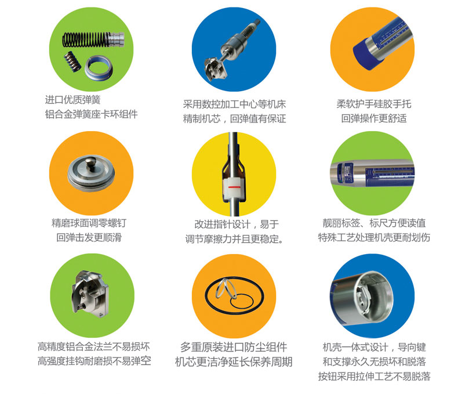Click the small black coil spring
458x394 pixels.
coord(72,62)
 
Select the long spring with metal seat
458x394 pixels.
coord(93,39)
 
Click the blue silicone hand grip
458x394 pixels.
coord(367,56)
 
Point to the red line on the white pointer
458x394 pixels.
coord(234,187)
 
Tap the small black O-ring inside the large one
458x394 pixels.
coord(242,301)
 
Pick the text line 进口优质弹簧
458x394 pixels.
coord(72,100)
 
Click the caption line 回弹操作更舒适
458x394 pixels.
coord(374,118)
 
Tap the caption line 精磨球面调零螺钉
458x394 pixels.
coord(89,223)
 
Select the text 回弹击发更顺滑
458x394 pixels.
coord(89,237)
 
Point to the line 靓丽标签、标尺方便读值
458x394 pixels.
coord(374,223)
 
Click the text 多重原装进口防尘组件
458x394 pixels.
coord(234,347)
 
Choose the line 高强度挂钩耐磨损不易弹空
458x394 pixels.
coord(94,362)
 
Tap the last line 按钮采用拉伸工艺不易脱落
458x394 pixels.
coord(374,376)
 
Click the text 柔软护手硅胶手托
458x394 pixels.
coord(374,104)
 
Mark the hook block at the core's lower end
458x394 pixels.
coord(215,69)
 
